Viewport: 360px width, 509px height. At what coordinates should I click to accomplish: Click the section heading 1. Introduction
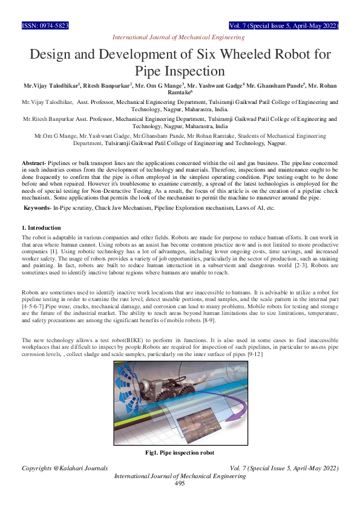[x=41, y=227]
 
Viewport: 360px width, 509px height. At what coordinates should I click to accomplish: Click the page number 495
[x=180, y=484]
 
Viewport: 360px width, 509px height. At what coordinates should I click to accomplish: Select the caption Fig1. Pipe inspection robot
[x=180, y=452]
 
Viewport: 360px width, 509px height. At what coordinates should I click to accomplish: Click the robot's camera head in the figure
[x=149, y=386]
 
